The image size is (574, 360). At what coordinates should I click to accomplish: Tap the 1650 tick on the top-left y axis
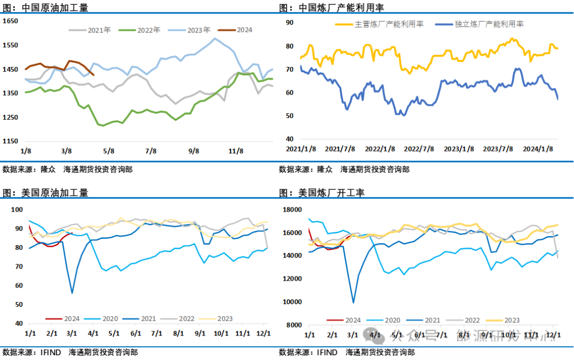(11, 21)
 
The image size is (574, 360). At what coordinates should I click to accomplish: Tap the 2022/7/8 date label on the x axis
(420, 149)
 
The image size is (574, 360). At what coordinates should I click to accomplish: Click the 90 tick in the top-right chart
(290, 22)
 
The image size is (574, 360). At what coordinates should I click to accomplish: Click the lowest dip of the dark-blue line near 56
(72, 293)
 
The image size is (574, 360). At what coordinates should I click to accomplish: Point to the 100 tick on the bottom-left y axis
(17, 210)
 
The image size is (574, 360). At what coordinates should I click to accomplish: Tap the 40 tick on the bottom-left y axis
(19, 323)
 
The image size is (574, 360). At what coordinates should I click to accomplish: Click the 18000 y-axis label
(292, 210)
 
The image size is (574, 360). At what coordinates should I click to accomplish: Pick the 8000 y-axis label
(294, 325)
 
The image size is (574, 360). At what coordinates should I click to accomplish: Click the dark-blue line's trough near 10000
(353, 303)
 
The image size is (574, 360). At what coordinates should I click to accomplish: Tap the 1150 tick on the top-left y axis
(11, 141)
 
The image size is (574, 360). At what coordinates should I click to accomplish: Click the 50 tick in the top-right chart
(290, 115)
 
